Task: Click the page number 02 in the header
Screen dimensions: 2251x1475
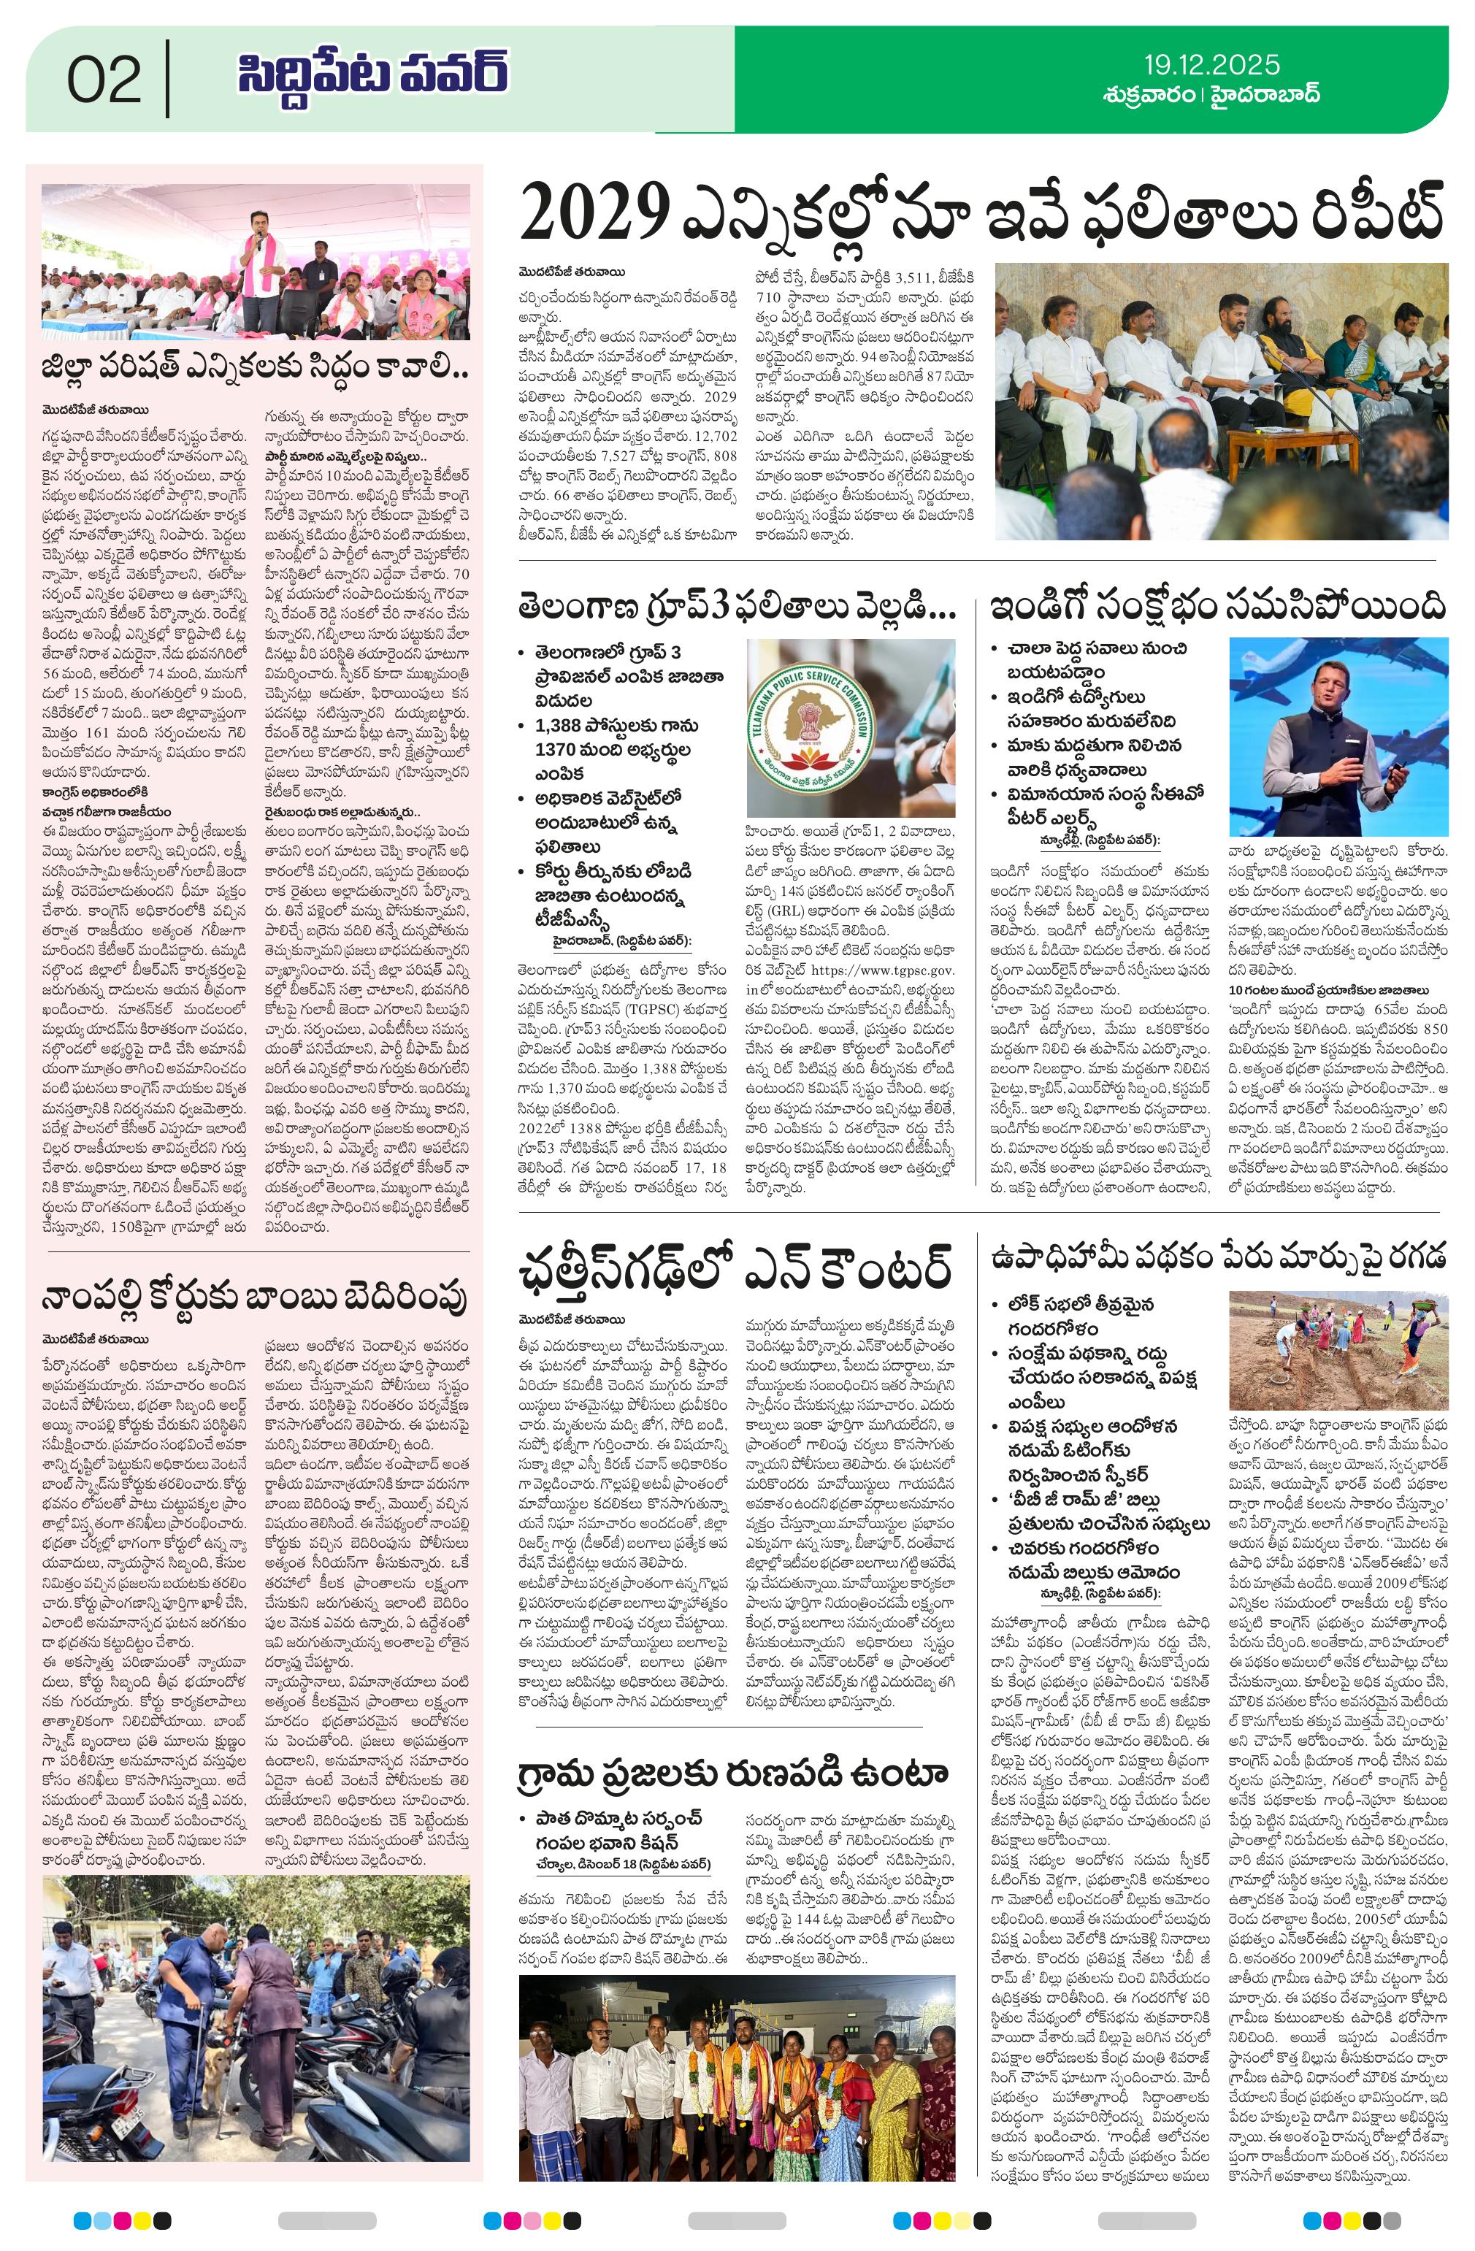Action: point(104,80)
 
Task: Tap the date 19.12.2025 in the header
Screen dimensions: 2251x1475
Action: point(1212,64)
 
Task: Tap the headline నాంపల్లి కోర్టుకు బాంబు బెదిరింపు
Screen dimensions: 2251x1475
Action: point(256,1300)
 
